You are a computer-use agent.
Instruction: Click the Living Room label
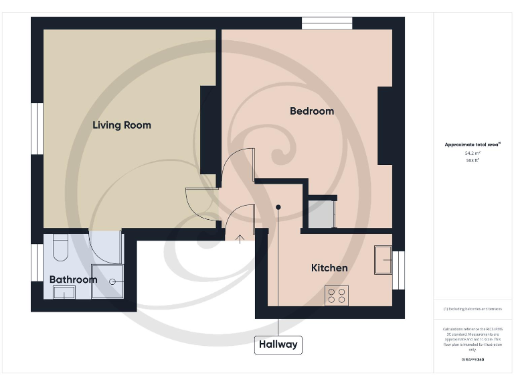pos(122,125)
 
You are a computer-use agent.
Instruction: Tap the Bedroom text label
pos(312,111)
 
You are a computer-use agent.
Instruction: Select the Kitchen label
pos(329,268)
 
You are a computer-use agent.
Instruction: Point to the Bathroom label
pos(73,279)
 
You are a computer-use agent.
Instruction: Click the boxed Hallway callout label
pos(278,344)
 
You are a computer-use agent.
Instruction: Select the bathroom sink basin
pos(64,292)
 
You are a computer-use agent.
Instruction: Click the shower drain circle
pos(113,282)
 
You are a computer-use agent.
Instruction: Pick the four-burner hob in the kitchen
pos(337,296)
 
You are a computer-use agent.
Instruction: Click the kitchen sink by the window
pos(383,259)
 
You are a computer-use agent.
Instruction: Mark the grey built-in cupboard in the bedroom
pos(321,213)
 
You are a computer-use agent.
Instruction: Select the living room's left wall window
pos(37,128)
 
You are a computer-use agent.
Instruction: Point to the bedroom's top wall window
pos(327,23)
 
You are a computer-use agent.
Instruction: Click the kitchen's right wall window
pos(398,270)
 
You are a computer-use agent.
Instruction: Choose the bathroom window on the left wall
pos(37,262)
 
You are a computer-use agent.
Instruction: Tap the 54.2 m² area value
pos(473,153)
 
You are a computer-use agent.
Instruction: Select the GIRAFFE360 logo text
pos(473,360)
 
